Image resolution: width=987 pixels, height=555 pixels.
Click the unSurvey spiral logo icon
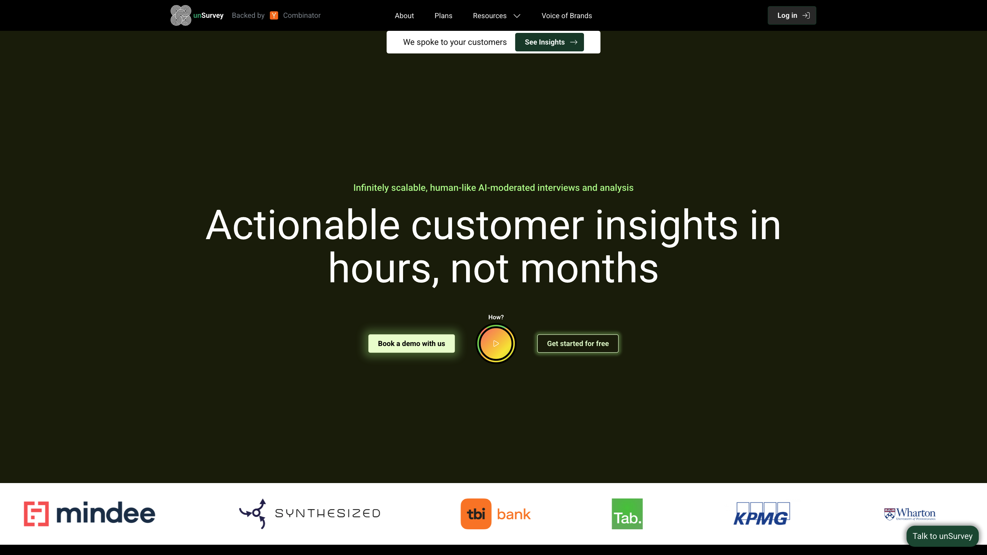pos(181,15)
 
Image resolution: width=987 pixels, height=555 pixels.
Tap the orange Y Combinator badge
pos(273,15)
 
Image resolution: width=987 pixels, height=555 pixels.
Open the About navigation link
pos(404,16)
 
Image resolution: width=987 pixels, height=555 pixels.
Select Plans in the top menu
pos(443,16)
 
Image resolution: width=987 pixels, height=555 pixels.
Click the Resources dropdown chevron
pos(517,16)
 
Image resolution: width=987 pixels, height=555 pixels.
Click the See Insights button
pos(549,42)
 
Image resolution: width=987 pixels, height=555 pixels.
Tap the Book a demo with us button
pos(412,344)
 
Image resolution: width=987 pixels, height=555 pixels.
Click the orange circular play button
pos(496,344)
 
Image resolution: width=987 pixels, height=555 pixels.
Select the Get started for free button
pos(578,344)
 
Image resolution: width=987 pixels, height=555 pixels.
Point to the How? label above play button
pos(496,317)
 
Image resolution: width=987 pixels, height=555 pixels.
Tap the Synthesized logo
pos(309,514)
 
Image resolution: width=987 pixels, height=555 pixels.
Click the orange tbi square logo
pos(476,514)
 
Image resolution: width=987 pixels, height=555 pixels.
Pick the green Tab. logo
pos(627,514)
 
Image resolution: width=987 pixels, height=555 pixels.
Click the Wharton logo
pos(910,514)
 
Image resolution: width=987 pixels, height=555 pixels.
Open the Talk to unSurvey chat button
pos(942,536)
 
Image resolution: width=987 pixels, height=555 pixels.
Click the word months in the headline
pos(589,268)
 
